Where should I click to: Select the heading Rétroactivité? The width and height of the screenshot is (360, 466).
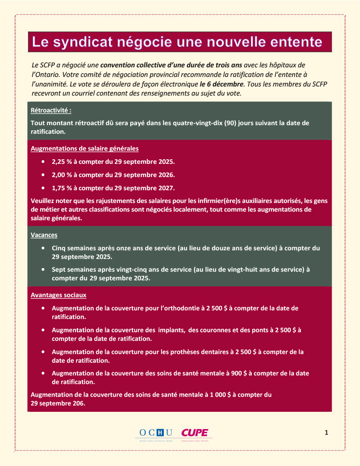(51, 111)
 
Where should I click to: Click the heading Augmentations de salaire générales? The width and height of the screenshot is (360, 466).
(85, 148)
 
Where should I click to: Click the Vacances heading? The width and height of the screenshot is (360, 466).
(44, 235)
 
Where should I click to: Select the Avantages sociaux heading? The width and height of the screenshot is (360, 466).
(58, 295)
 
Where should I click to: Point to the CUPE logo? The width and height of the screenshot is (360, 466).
(194, 432)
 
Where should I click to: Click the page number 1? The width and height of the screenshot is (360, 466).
(326, 432)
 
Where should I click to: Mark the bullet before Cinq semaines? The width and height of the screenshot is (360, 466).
(43, 248)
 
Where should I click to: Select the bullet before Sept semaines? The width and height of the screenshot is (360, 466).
(43, 269)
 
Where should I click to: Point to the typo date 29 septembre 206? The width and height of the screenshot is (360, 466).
(58, 403)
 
